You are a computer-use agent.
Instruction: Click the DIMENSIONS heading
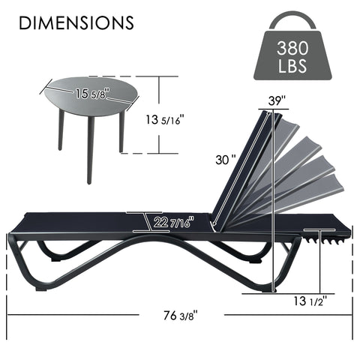(x=76, y=22)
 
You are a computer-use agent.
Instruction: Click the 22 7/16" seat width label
(x=172, y=222)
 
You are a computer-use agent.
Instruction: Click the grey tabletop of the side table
(x=82, y=97)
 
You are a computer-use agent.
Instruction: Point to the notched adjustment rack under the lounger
(x=328, y=238)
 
